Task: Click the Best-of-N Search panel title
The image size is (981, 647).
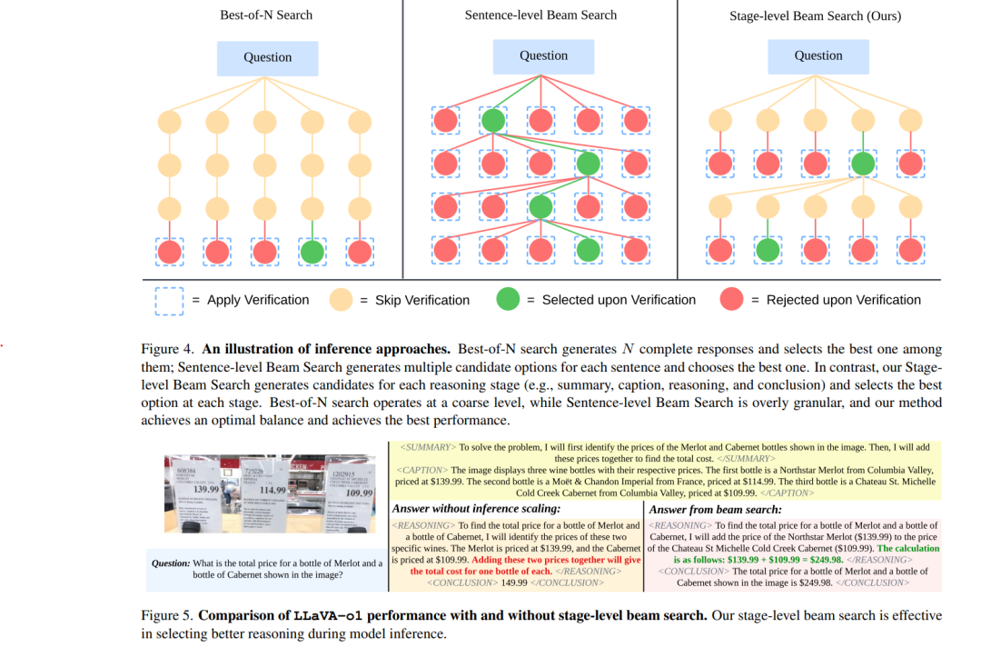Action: point(266,15)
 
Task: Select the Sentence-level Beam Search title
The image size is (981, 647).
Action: point(540,15)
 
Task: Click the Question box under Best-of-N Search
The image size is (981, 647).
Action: point(267,57)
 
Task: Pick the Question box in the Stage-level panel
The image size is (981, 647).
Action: point(818,55)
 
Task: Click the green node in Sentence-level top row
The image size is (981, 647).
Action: point(493,121)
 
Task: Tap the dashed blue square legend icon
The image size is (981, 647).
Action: point(169,300)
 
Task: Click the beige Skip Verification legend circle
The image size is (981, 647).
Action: point(340,300)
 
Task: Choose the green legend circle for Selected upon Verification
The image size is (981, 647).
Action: point(509,300)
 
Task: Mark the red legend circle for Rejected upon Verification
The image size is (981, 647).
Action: point(732,300)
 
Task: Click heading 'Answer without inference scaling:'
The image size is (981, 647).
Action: point(476,509)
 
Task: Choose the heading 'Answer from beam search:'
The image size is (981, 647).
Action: point(715,509)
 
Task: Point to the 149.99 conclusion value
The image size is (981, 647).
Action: point(515,582)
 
